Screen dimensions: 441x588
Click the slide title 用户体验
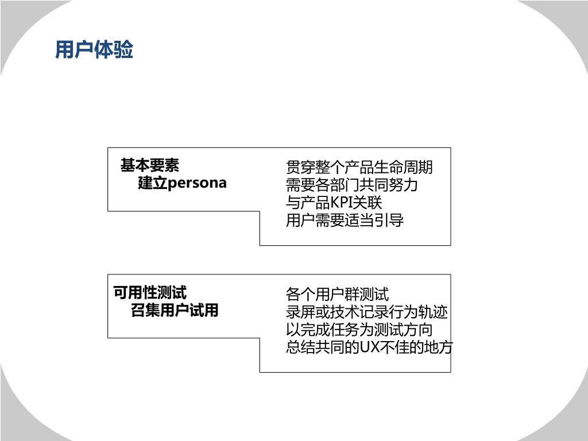94,51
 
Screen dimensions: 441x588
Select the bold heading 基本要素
150,166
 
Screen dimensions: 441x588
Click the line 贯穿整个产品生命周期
359,168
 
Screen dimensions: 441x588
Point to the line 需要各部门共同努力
351,185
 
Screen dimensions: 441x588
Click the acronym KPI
344,203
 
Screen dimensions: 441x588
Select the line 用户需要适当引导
345,220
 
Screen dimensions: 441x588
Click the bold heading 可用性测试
150,293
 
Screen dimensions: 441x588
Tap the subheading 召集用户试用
175,311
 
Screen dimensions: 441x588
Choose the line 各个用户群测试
337,295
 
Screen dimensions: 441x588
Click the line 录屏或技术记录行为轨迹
366,312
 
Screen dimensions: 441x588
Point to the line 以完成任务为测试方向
359,330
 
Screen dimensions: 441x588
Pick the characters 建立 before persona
152,183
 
